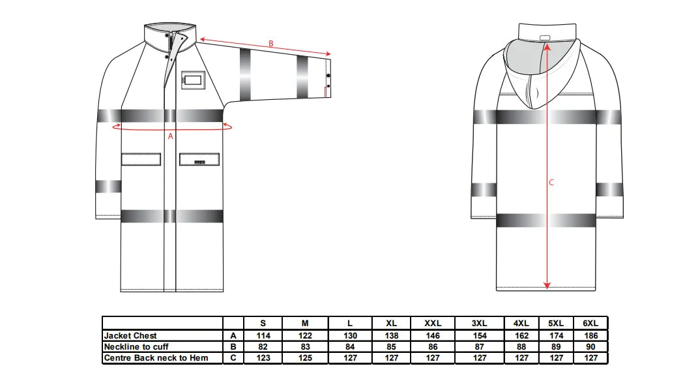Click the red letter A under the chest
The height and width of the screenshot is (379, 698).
pos(171,136)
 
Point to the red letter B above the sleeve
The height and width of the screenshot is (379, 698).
pos(270,44)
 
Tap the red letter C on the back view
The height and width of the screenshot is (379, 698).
pos(551,182)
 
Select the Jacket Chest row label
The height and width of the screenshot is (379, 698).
pos(130,335)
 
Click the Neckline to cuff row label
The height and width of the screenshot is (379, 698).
pos(136,346)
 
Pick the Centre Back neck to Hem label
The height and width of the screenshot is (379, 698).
pos(156,357)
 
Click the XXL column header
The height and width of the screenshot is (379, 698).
pos(433,324)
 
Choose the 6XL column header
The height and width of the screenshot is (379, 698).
pos(590,324)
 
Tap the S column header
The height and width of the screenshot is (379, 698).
pos(263,324)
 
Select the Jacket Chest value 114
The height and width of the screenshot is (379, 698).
pos(263,335)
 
